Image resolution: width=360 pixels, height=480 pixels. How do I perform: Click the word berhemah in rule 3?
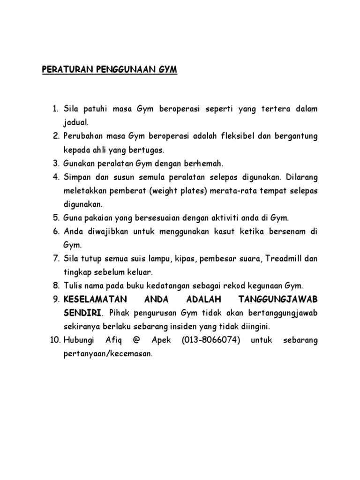pyautogui.click(x=206, y=163)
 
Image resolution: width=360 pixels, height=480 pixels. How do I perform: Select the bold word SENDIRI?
pyautogui.click(x=81, y=313)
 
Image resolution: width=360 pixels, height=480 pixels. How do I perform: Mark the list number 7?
pyautogui.click(x=55, y=259)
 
